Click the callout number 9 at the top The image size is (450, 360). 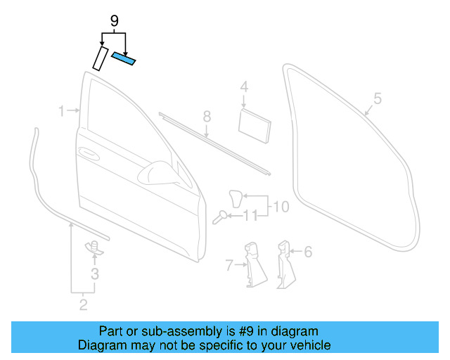click(114, 22)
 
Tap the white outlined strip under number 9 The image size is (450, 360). click(98, 58)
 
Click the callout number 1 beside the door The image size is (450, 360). click(61, 111)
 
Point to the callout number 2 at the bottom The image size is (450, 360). click(83, 304)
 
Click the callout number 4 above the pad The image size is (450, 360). click(244, 87)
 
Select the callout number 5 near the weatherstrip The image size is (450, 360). click(377, 99)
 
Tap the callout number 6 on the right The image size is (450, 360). click(308, 251)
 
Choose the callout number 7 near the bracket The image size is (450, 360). click(229, 265)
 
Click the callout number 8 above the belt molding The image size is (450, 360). click(207, 116)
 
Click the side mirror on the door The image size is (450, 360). click(159, 172)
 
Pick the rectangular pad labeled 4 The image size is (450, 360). click(255, 124)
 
